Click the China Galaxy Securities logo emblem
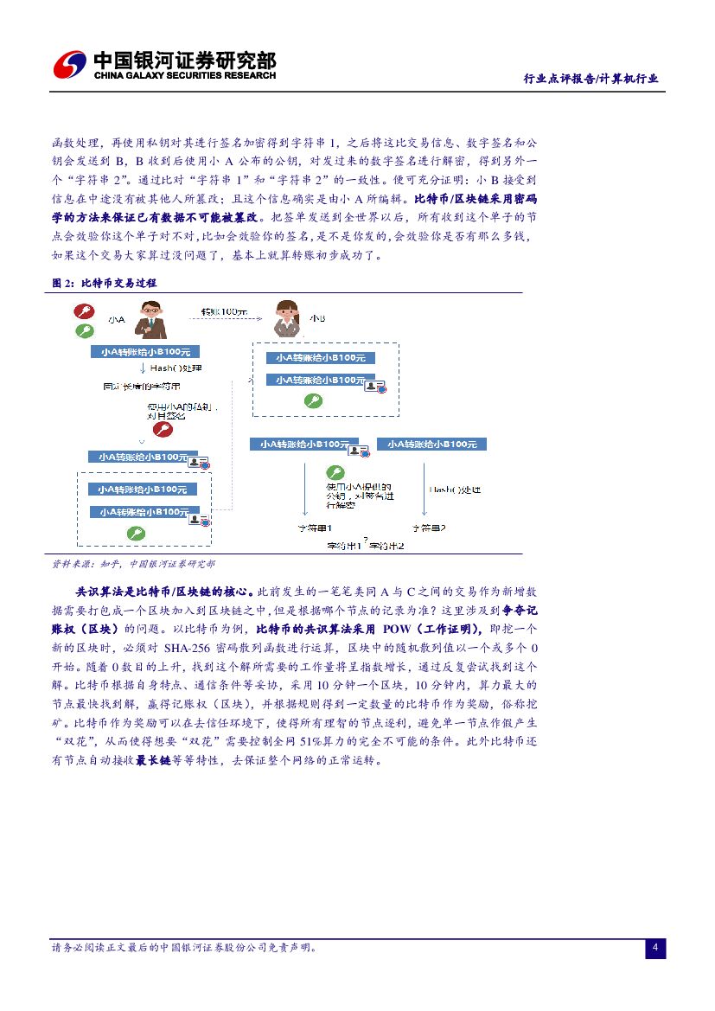[70, 65]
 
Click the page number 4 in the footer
[655, 949]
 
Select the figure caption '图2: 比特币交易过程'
[105, 283]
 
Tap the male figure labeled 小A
[150, 319]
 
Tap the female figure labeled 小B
[285, 319]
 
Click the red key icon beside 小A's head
[84, 311]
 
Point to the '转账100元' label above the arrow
[223, 311]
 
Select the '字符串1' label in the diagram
[314, 528]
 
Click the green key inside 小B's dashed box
[313, 400]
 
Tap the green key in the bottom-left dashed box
[135, 533]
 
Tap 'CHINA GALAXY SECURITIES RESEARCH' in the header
[184, 76]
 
